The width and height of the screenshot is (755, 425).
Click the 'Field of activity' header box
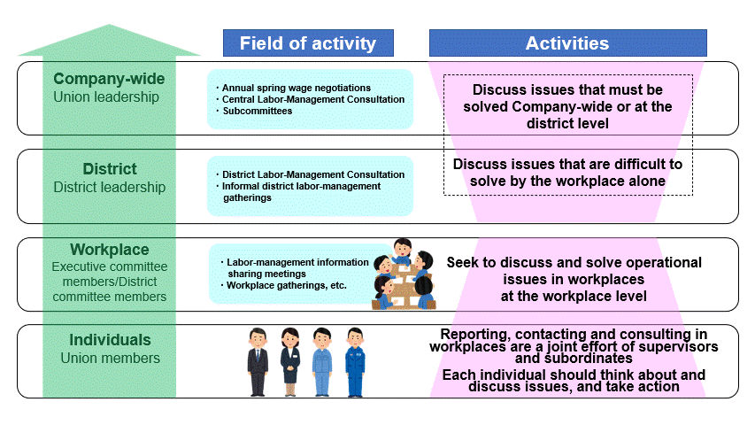(x=308, y=43)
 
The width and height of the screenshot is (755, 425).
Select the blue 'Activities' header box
(x=567, y=43)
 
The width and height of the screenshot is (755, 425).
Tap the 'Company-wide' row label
(x=109, y=79)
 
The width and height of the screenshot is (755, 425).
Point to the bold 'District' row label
(x=109, y=169)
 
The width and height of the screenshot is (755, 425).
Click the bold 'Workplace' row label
(x=109, y=250)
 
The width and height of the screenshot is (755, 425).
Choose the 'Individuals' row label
(x=110, y=340)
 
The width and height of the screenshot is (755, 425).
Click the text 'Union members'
(x=110, y=359)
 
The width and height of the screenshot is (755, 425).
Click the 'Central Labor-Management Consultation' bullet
(x=312, y=100)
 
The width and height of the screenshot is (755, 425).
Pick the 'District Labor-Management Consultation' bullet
(x=312, y=174)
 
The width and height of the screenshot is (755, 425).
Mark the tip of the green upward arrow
(x=109, y=27)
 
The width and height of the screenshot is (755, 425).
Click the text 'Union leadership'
(x=106, y=97)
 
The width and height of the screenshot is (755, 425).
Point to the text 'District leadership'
(x=109, y=187)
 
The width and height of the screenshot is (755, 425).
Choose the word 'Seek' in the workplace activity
(x=462, y=262)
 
